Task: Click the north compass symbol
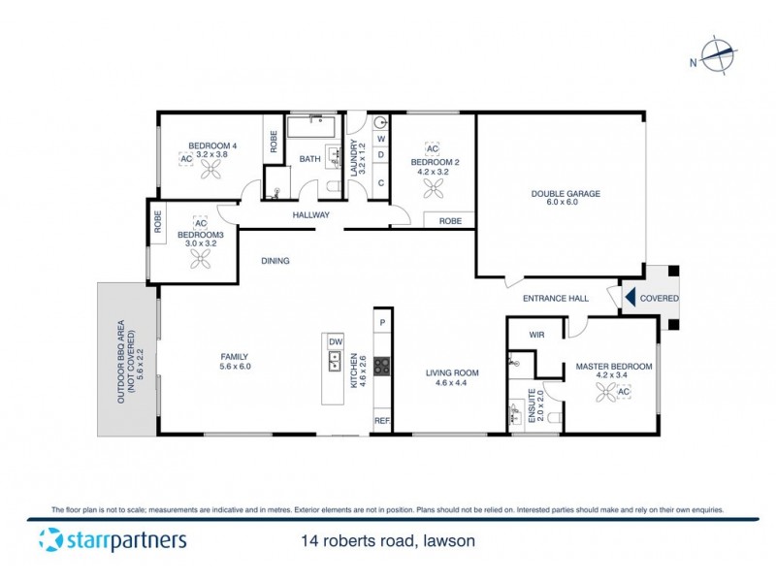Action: pos(716,55)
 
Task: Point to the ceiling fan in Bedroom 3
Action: pos(202,258)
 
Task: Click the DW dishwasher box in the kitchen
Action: pos(336,342)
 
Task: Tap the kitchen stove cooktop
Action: pos(382,366)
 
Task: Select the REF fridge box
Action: pos(382,421)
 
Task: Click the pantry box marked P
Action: pos(382,322)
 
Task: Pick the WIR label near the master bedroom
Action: pos(536,335)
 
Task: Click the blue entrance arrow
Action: pos(630,298)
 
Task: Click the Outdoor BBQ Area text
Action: pos(126,361)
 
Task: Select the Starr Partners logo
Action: pos(113,540)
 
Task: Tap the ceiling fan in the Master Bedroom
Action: pos(606,391)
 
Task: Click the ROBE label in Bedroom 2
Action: pos(450,221)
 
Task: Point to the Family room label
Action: pos(236,361)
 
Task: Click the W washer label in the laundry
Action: pos(381,139)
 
